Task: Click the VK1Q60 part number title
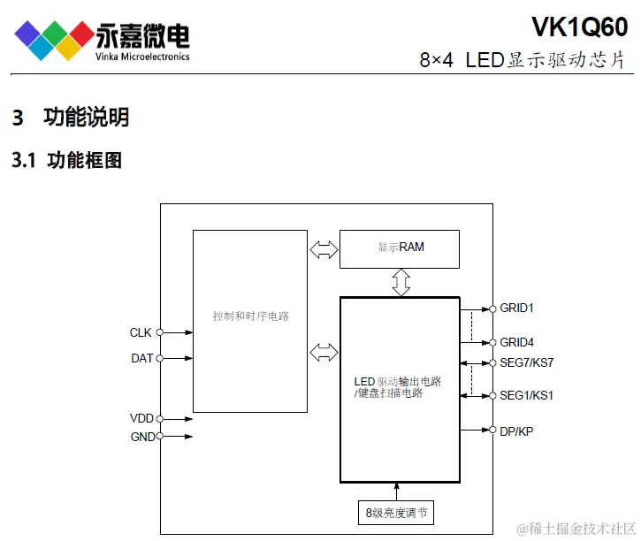pyautogui.click(x=579, y=27)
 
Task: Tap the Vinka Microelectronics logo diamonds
pyautogui.click(x=54, y=37)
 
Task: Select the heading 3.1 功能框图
pyautogui.click(x=66, y=160)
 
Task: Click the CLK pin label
pyautogui.click(x=141, y=332)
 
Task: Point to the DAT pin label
pyautogui.click(x=141, y=358)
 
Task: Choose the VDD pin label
pyautogui.click(x=141, y=418)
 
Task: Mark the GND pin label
pyautogui.click(x=142, y=437)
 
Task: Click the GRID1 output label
pyautogui.click(x=516, y=309)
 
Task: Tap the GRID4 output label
pyautogui.click(x=516, y=342)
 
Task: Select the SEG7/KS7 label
pyautogui.click(x=526, y=362)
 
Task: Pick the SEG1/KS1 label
pyautogui.click(x=526, y=395)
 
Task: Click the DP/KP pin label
pyautogui.click(x=516, y=431)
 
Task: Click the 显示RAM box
pyautogui.click(x=400, y=248)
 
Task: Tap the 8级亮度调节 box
pyautogui.click(x=401, y=513)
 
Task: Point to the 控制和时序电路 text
pyautogui.click(x=251, y=316)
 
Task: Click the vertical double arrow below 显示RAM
pyautogui.click(x=401, y=282)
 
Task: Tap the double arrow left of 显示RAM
pyautogui.click(x=324, y=249)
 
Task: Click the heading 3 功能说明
pyautogui.click(x=71, y=117)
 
